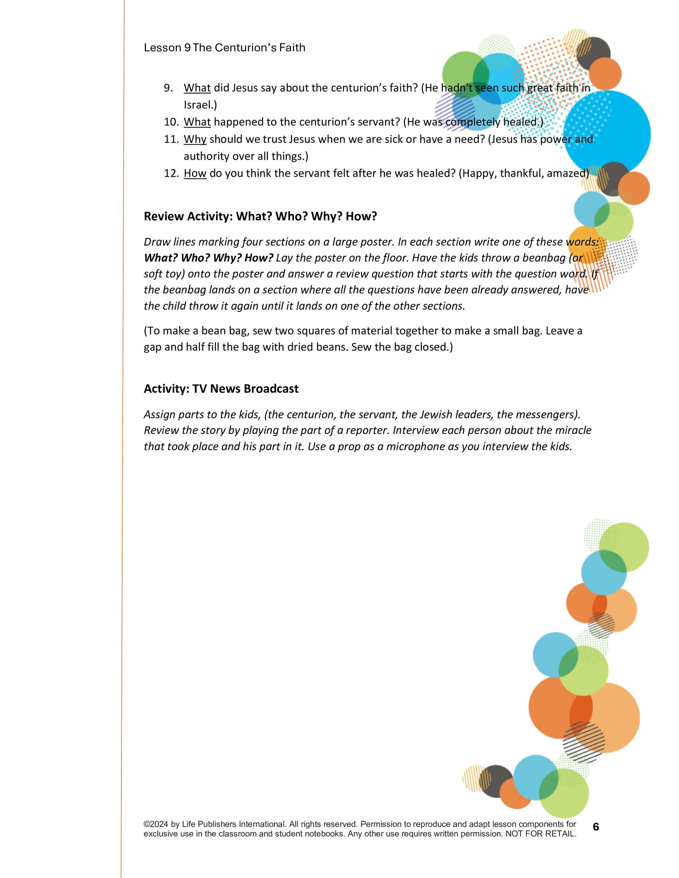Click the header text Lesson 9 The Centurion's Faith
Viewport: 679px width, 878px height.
point(224,47)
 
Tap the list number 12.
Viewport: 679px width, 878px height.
point(171,173)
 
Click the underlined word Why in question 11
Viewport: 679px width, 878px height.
point(195,139)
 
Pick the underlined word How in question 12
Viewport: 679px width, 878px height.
point(195,173)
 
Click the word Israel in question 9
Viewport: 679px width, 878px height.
point(199,105)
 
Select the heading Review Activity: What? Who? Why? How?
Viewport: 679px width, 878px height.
point(260,216)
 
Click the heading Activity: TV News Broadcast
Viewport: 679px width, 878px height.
point(221,389)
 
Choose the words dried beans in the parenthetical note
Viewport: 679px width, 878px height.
point(316,347)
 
